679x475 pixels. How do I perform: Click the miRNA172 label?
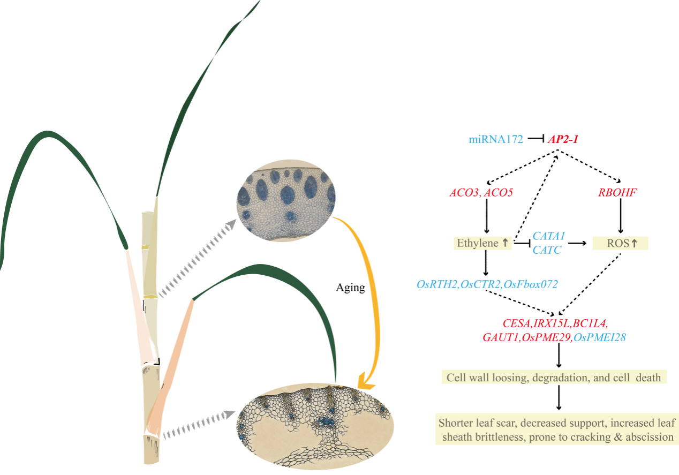(x=496, y=140)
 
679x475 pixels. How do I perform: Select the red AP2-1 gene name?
(x=563, y=140)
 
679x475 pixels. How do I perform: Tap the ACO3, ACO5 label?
(x=481, y=192)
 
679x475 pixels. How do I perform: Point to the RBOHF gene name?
(x=617, y=192)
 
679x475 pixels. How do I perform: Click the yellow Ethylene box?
(x=483, y=243)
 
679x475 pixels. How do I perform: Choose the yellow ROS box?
(x=620, y=243)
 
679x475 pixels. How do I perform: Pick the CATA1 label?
(x=549, y=236)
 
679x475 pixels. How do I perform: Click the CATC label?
(x=547, y=250)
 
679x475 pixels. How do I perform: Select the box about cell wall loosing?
(x=554, y=377)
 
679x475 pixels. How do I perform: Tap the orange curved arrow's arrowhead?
(x=366, y=381)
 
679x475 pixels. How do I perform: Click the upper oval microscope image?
(x=285, y=201)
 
